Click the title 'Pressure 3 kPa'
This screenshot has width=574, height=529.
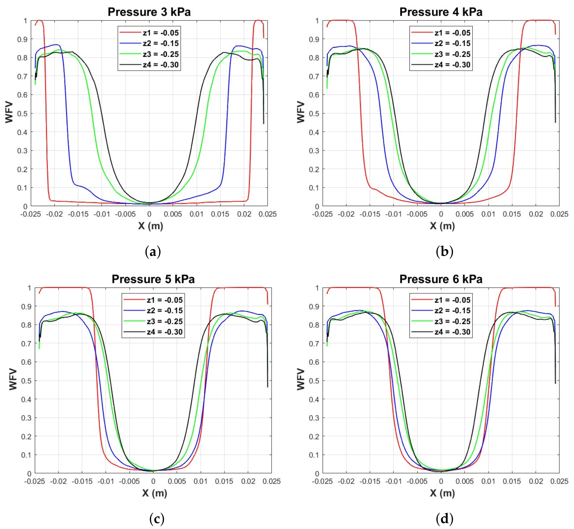pyautogui.click(x=149, y=12)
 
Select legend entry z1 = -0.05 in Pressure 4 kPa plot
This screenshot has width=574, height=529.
pyautogui.click(x=452, y=33)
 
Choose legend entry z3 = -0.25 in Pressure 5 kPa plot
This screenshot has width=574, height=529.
pyautogui.click(x=165, y=321)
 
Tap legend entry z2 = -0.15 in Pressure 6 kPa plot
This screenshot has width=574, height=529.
pyautogui.click(x=452, y=311)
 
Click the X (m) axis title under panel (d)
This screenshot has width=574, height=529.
pyautogui.click(x=442, y=493)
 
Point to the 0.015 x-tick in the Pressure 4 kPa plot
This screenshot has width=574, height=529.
pyautogui.click(x=512, y=214)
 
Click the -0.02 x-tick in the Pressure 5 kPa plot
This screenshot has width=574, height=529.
pyautogui.click(x=58, y=481)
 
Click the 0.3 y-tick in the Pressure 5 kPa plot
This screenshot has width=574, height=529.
pyautogui.click(x=26, y=418)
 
